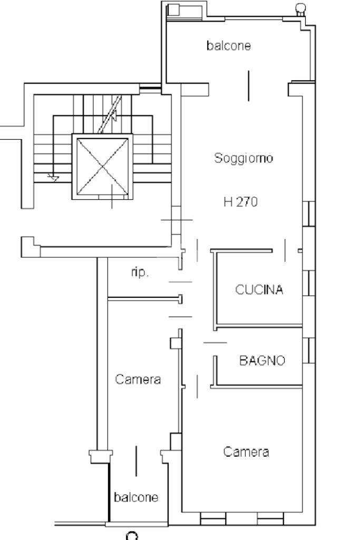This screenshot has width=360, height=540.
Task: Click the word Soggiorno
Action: [244, 158]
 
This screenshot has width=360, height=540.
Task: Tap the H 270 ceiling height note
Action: [240, 202]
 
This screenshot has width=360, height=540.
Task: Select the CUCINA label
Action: [259, 290]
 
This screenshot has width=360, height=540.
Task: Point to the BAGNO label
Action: [262, 361]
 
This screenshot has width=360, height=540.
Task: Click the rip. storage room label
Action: [140, 272]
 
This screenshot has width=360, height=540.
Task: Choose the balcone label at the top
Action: [229, 45]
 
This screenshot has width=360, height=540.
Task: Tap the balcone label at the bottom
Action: [136, 497]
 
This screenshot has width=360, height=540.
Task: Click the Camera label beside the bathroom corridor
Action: [138, 379]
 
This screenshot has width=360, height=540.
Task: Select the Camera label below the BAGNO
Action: [246, 451]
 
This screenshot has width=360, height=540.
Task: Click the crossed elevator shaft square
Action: [103, 167]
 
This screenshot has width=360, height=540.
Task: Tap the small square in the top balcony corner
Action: [173, 10]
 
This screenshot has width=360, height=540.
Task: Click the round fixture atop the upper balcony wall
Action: [301, 8]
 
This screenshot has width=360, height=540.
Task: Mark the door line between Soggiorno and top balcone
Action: [248, 86]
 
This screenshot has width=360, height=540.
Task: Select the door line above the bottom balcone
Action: [136, 461]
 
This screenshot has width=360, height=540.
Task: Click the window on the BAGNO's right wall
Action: [309, 351]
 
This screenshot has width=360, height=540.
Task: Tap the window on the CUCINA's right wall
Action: [309, 283]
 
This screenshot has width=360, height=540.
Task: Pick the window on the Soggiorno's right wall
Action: [309, 214]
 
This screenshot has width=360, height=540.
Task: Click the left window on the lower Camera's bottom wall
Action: [213, 519]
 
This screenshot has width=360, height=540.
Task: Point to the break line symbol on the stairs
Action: [110, 114]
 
